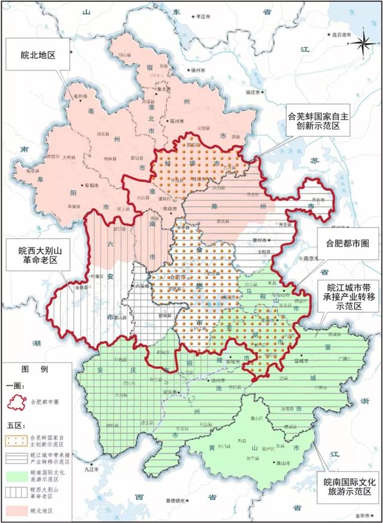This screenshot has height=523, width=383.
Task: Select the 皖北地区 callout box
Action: [38, 54]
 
